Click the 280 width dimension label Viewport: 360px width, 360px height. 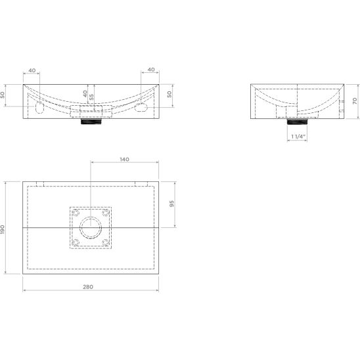click(88, 287)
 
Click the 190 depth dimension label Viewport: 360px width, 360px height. click(2, 229)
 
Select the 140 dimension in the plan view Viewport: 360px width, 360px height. click(124, 160)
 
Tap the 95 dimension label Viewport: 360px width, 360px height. click(171, 204)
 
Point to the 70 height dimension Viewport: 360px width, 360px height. click(355, 101)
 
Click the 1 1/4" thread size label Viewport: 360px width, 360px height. click(298, 137)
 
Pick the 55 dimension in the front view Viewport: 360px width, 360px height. click(91, 97)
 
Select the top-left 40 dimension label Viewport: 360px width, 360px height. click(32, 70)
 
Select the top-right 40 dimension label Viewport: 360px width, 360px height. click(151, 70)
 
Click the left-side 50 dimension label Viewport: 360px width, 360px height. click(2, 95)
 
